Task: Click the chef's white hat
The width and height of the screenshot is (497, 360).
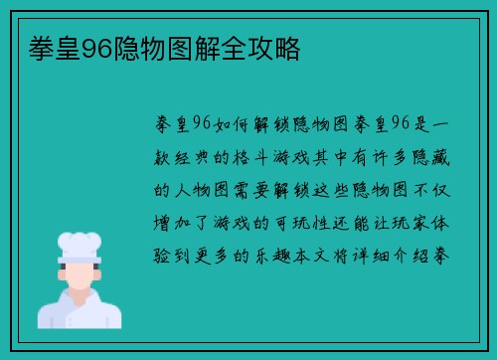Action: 80,245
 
